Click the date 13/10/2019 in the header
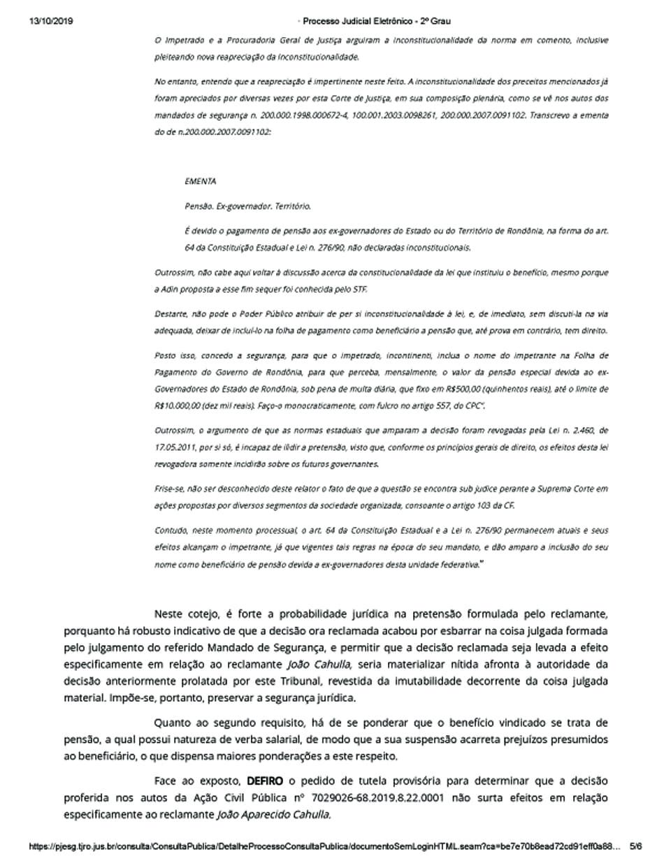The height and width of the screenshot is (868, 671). pyautogui.click(x=51, y=21)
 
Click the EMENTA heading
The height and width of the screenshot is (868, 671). pyautogui.click(x=201, y=182)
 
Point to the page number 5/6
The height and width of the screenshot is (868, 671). pyautogui.click(x=635, y=846)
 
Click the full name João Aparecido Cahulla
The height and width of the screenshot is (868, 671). pyautogui.click(x=274, y=814)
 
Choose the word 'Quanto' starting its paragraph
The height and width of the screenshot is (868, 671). pyautogui.click(x=172, y=722)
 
